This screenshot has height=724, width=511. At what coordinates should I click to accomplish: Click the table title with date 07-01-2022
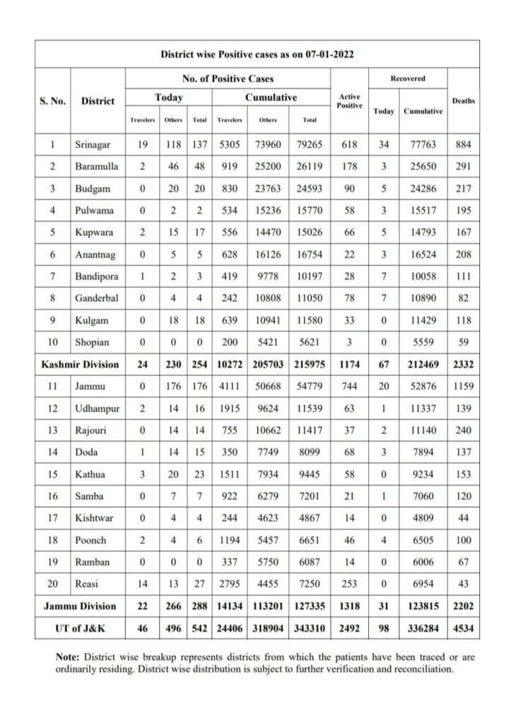click(257, 54)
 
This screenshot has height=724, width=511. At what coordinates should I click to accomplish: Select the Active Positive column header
click(349, 100)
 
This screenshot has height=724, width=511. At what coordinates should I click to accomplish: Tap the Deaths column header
click(463, 100)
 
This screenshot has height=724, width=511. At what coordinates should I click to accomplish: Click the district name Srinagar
click(93, 146)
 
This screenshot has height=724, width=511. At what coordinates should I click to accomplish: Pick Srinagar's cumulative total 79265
click(309, 146)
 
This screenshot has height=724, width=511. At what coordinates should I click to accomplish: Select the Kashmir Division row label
click(80, 363)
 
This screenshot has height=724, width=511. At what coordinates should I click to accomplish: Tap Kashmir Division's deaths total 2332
click(463, 363)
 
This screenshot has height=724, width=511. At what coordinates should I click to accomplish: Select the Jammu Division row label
click(80, 605)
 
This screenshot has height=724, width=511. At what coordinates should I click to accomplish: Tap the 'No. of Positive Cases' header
click(228, 78)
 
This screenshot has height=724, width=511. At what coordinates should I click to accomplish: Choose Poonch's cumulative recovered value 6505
click(422, 540)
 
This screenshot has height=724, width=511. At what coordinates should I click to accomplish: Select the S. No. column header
click(52, 100)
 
